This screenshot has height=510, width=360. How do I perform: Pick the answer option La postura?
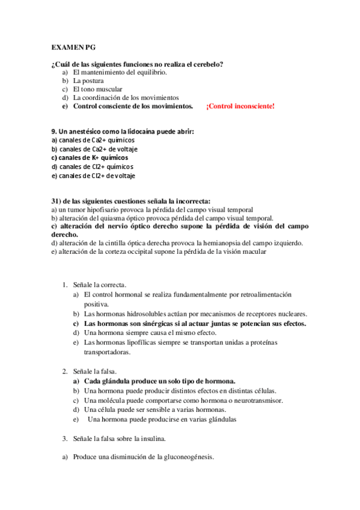pos(88,81)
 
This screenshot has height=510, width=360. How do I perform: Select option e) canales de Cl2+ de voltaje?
pos(93,176)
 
